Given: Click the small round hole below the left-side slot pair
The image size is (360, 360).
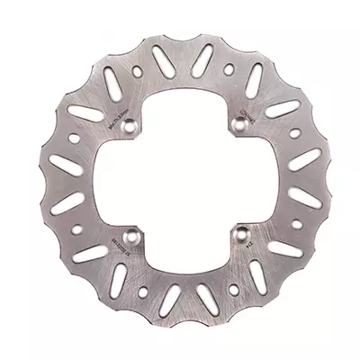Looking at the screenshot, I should (x=72, y=225).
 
